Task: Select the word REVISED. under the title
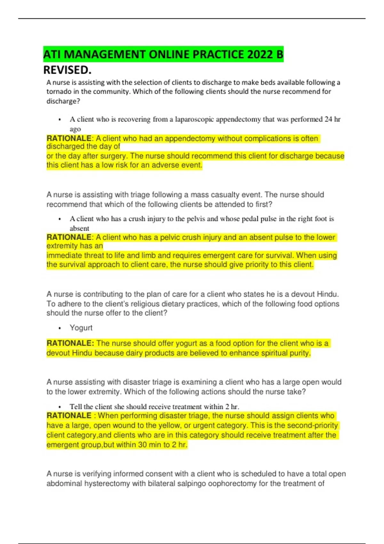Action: pyautogui.click(x=67, y=70)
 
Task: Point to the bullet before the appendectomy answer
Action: pyautogui.click(x=60, y=120)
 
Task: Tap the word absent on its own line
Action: pyautogui.click(x=79, y=228)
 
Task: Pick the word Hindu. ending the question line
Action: pyautogui.click(x=328, y=294)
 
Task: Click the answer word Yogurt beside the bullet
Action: pyautogui.click(x=81, y=328)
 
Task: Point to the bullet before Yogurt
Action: pyautogui.click(x=60, y=328)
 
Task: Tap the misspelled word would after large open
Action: pyautogui.click(x=332, y=382)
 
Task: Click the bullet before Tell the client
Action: pyautogui.click(x=60, y=407)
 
